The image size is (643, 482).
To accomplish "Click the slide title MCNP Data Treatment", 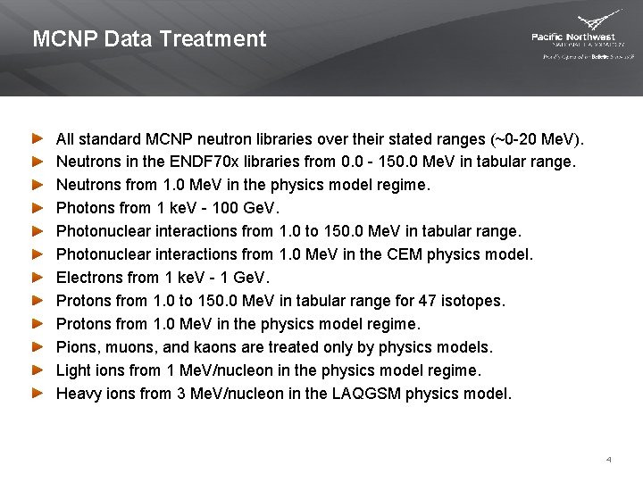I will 149,39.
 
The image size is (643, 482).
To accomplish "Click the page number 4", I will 608,460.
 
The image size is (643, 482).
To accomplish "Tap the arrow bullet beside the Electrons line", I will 37,277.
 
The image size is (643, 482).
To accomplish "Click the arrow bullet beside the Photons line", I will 37,208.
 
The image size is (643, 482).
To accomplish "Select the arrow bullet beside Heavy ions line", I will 37,393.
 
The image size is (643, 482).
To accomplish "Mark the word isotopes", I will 475,301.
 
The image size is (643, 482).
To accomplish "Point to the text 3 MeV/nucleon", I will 224,393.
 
